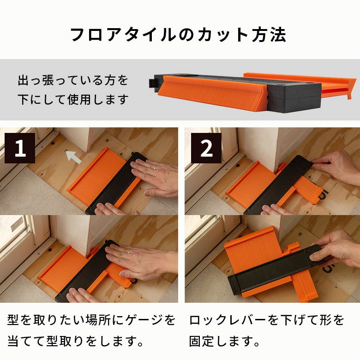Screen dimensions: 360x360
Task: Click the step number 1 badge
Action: [20, 148]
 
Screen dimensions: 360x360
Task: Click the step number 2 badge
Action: [206, 148]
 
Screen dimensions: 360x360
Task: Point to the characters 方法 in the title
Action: [269, 35]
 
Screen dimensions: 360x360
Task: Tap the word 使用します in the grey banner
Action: [98, 99]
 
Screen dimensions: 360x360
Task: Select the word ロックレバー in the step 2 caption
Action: [227, 320]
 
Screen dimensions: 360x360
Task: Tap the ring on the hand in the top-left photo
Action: [155, 168]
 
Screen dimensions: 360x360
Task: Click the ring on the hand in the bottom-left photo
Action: [129, 252]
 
